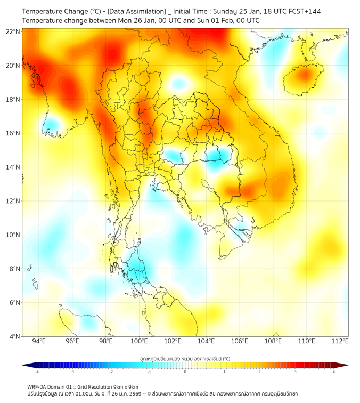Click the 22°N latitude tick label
click(x=13, y=31)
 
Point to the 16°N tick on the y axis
click(x=13, y=133)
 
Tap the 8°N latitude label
click(x=14, y=269)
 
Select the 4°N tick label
click(x=14, y=336)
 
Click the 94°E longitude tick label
click(x=39, y=341)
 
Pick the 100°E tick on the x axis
click(x=139, y=341)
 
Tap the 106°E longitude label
click(x=240, y=341)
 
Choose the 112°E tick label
click(x=340, y=341)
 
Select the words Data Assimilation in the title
click(x=136, y=11)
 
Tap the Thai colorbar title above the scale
click(x=185, y=358)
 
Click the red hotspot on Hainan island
click(x=304, y=74)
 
